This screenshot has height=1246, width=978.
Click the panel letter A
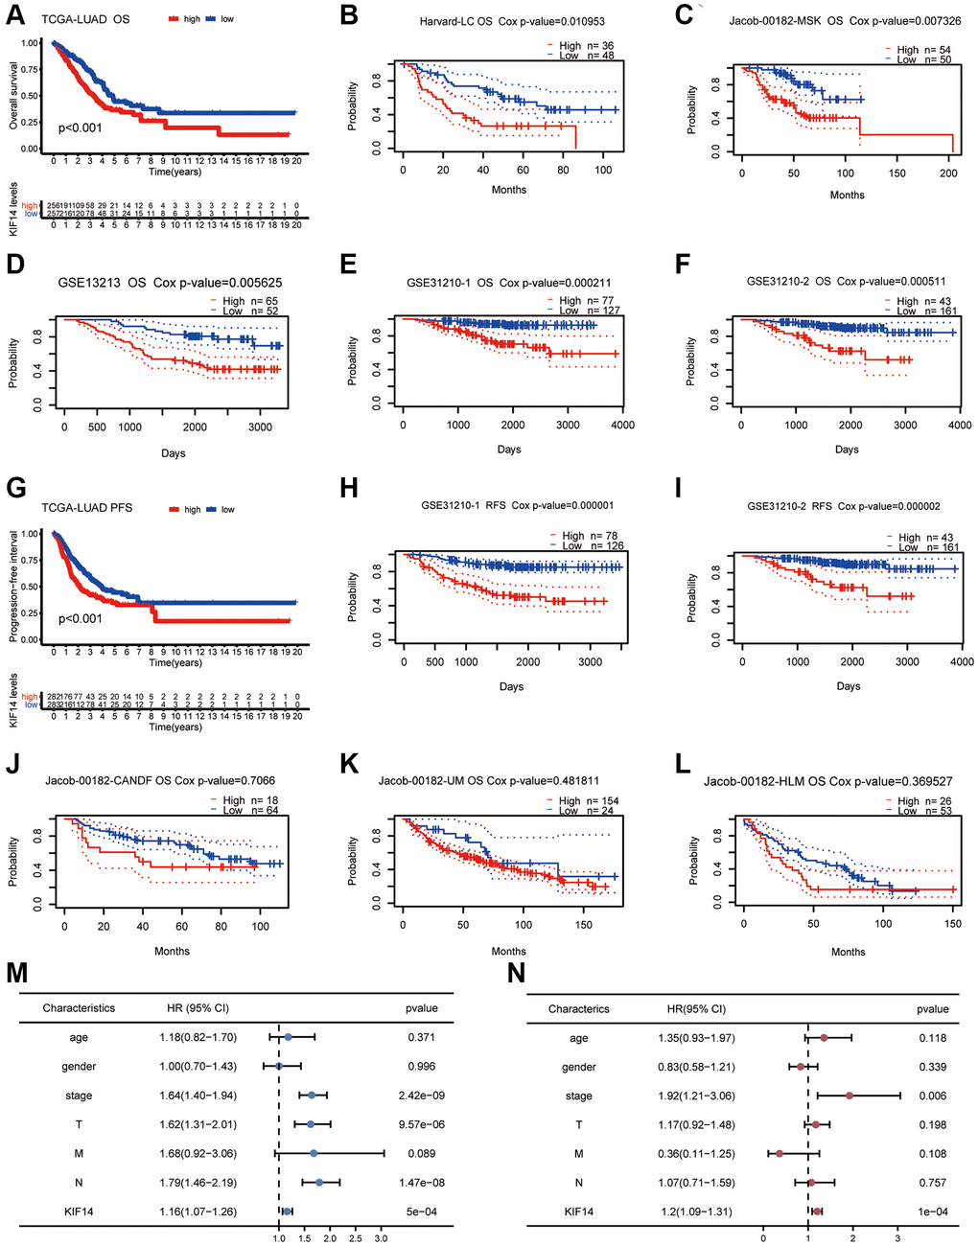tap(16, 15)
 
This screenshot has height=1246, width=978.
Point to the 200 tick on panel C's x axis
tap(948, 173)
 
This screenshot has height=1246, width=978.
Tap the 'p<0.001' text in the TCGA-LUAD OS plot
tap(81, 127)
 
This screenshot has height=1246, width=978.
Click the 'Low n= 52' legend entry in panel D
tap(251, 311)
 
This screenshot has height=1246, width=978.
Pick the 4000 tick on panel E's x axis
tap(621, 425)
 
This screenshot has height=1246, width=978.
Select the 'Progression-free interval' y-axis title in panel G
tap(13, 587)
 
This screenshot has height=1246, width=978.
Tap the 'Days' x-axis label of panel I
tap(848, 686)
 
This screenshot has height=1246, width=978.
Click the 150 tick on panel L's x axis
tap(952, 923)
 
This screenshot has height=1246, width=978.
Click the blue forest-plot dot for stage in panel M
tap(312, 1095)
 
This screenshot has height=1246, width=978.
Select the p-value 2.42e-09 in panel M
tap(422, 1095)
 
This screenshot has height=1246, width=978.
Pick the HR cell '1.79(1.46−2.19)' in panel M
tap(198, 1182)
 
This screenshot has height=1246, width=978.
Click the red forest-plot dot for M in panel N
tap(780, 1153)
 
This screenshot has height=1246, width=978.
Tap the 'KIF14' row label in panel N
tap(578, 1211)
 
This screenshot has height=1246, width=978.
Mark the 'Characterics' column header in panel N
tap(578, 1008)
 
